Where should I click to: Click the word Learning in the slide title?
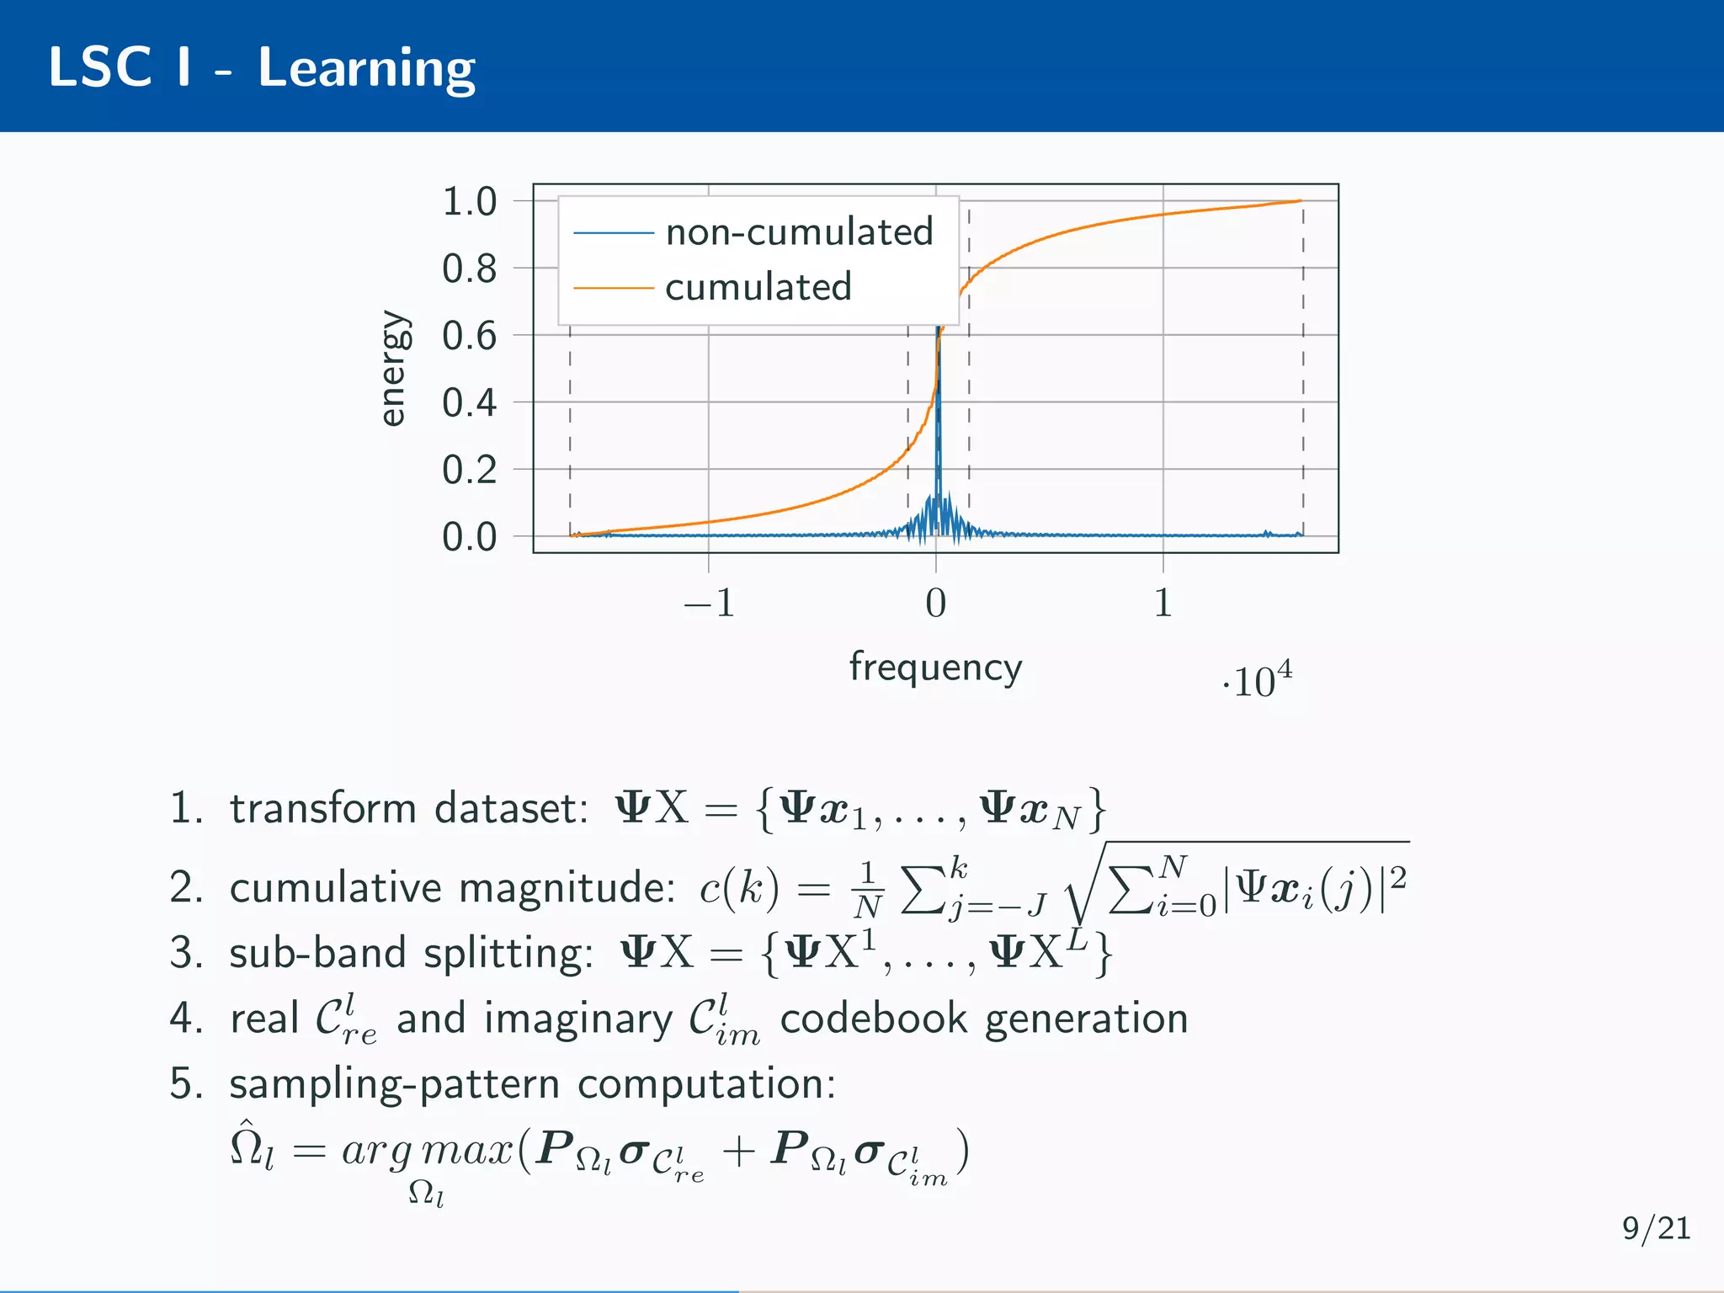tap(366, 69)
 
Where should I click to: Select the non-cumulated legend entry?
tap(798, 232)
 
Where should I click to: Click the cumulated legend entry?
tap(758, 288)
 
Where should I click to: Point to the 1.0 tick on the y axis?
tap(470, 202)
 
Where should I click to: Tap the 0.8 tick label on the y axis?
tap(470, 269)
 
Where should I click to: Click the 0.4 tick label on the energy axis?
tap(470, 403)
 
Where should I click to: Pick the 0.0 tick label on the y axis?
tap(470, 537)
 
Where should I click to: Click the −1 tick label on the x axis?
tap(709, 604)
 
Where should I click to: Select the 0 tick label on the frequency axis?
tap(935, 604)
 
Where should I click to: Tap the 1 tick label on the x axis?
tap(1163, 604)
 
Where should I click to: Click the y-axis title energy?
tap(392, 369)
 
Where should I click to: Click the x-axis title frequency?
tap(935, 668)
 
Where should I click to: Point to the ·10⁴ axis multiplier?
tap(1257, 680)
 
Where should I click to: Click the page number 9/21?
tap(1656, 1229)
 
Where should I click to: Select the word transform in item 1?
tap(322, 809)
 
